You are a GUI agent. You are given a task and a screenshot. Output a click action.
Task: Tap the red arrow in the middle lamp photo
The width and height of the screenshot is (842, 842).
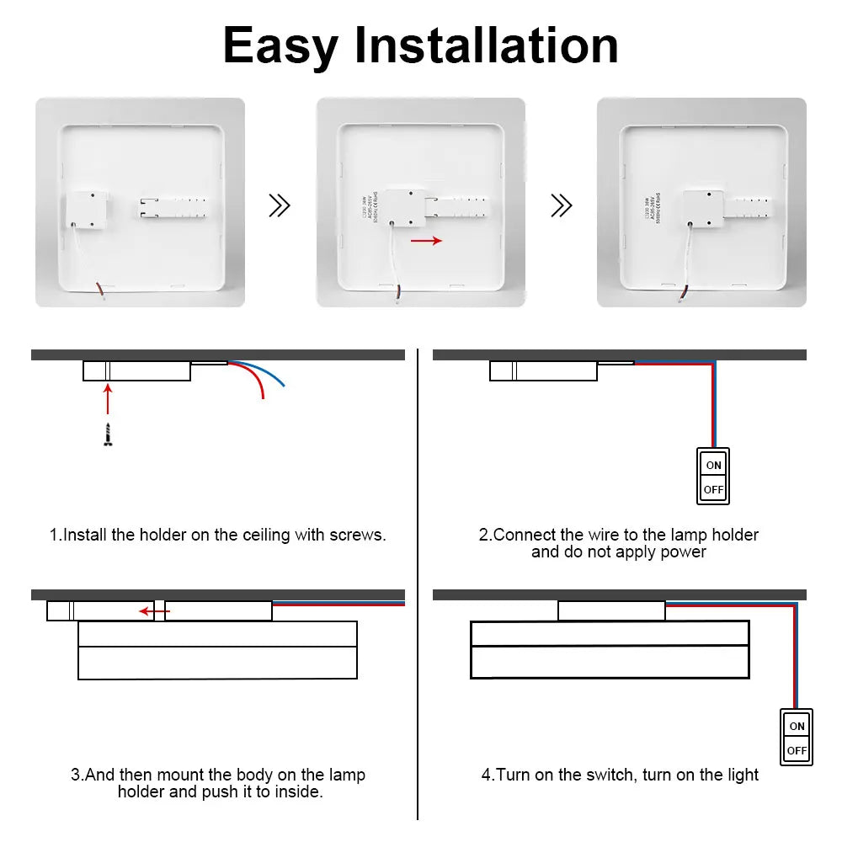(x=426, y=241)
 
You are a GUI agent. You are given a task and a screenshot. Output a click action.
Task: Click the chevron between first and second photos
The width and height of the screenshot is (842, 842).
(x=279, y=205)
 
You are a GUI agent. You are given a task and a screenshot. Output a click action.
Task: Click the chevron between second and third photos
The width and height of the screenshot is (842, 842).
(x=561, y=205)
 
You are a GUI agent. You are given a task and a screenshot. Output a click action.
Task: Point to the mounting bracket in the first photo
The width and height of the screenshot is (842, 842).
(x=172, y=208)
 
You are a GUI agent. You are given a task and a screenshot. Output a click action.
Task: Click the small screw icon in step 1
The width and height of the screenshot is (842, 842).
(x=108, y=435)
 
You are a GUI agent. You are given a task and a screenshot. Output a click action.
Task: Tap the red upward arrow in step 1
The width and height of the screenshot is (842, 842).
(x=108, y=400)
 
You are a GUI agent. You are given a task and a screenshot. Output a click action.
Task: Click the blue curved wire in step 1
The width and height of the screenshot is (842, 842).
(x=269, y=374)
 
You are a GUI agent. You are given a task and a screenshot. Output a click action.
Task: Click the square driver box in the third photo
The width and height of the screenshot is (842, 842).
(x=703, y=208)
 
